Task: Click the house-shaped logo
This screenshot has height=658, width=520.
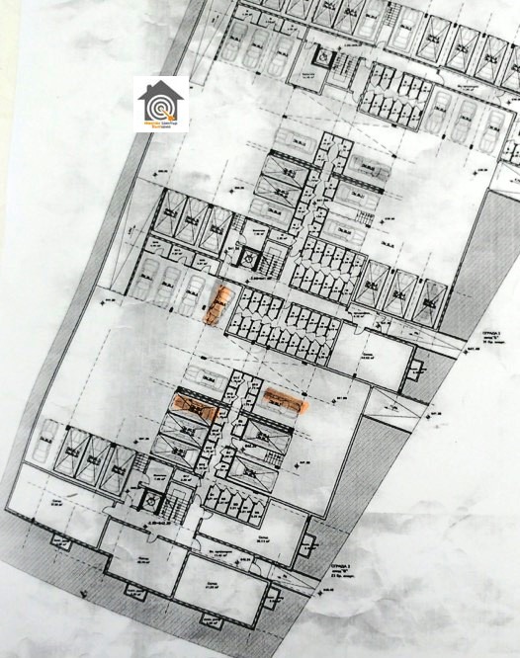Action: pyautogui.click(x=161, y=103)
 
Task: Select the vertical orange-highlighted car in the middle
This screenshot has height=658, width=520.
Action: pyautogui.click(x=219, y=303)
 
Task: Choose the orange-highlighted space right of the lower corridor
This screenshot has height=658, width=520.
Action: pyautogui.click(x=286, y=398)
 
